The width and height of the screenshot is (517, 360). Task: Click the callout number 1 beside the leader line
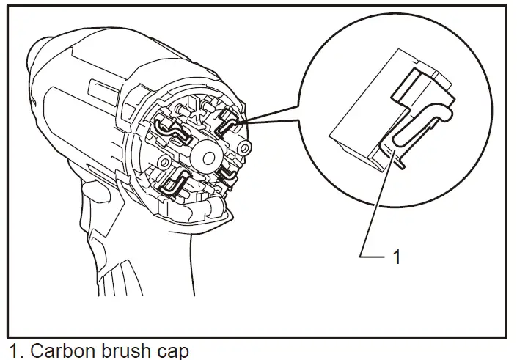pyautogui.click(x=397, y=258)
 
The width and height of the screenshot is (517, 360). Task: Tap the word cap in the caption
pyautogui.click(x=174, y=350)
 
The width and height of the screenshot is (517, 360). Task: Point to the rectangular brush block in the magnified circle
pyautogui.click(x=359, y=143)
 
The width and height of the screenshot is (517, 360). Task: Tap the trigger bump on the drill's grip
pyautogui.click(x=94, y=192)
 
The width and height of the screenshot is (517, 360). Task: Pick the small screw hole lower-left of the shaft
pyautogui.click(x=168, y=159)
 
